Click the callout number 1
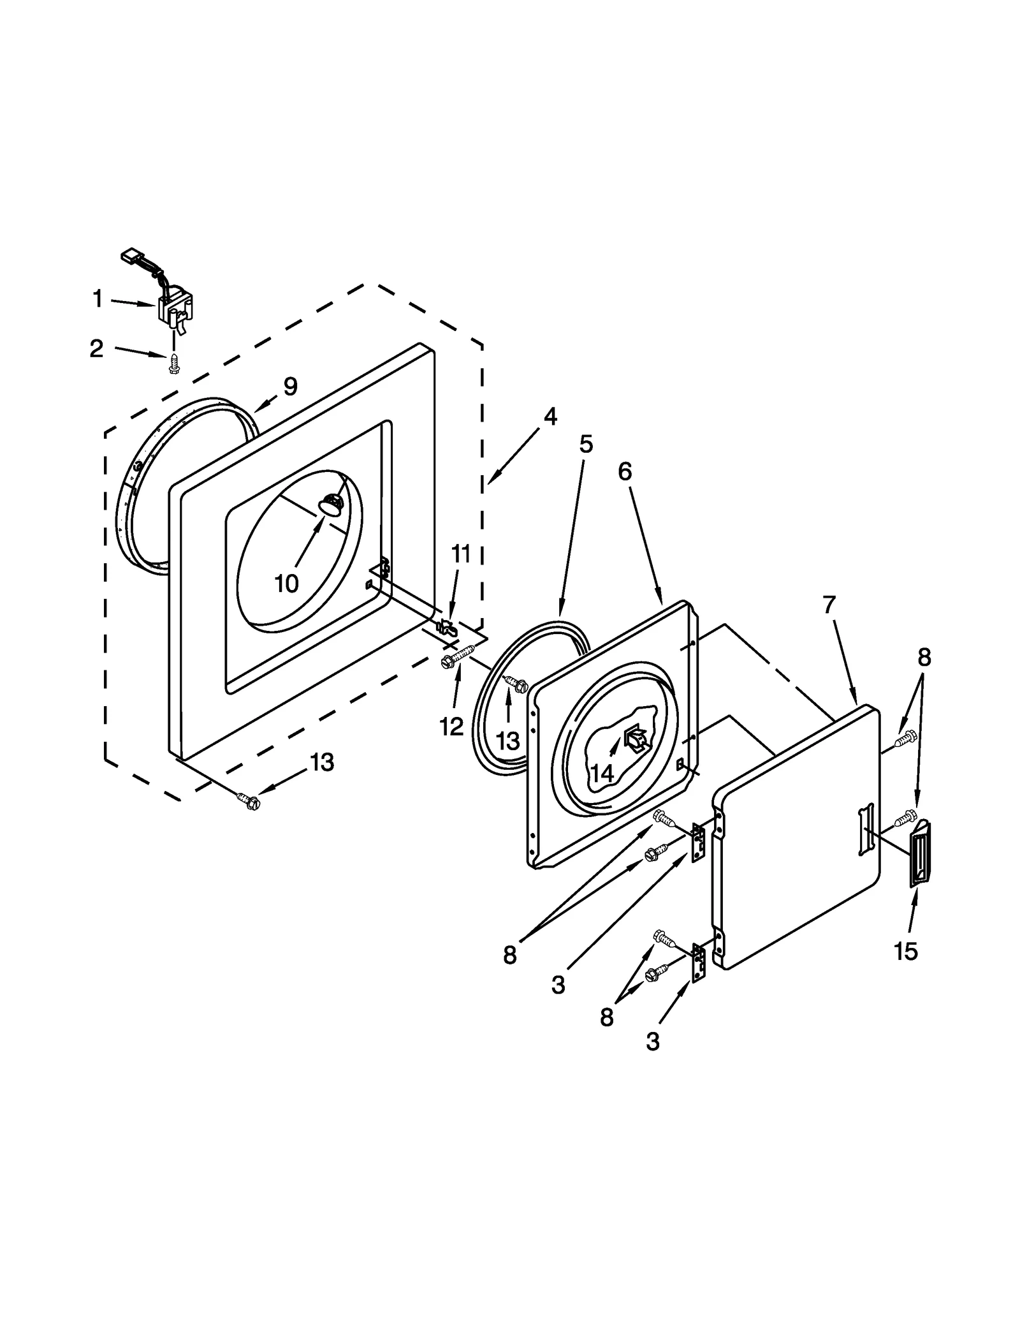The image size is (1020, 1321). [98, 299]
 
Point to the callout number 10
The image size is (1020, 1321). [287, 582]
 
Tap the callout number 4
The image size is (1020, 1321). [550, 417]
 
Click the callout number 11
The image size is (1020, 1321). [461, 554]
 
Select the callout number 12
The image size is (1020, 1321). [451, 725]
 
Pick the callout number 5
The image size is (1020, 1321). [586, 444]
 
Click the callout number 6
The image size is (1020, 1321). [625, 471]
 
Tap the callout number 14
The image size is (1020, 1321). [601, 773]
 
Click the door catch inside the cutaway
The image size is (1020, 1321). [636, 739]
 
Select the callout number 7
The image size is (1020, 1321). [829, 604]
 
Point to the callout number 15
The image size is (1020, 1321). [905, 951]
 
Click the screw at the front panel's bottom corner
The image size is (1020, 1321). [249, 801]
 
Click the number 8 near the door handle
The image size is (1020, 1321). [924, 657]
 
